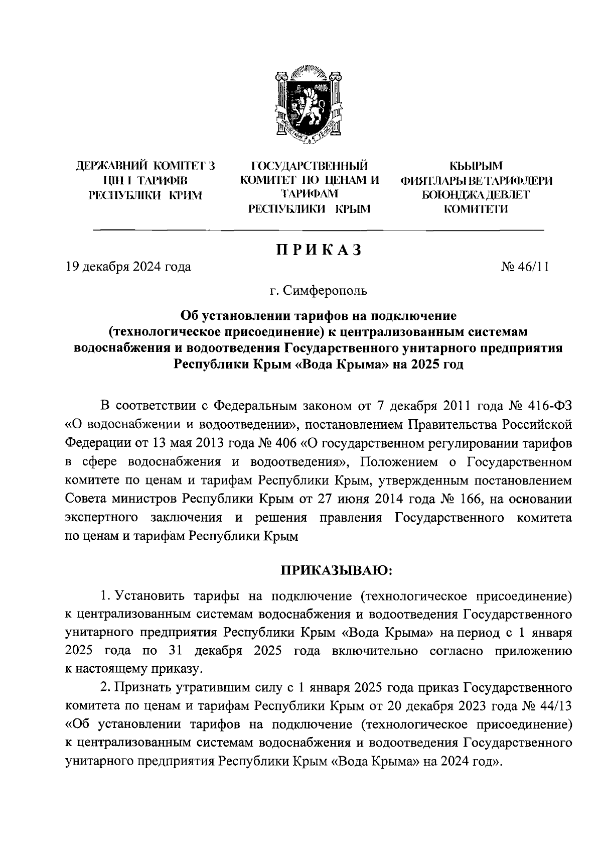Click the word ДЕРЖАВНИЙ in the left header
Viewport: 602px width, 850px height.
click(111, 165)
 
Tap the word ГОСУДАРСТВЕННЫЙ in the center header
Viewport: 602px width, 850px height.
click(309, 165)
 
